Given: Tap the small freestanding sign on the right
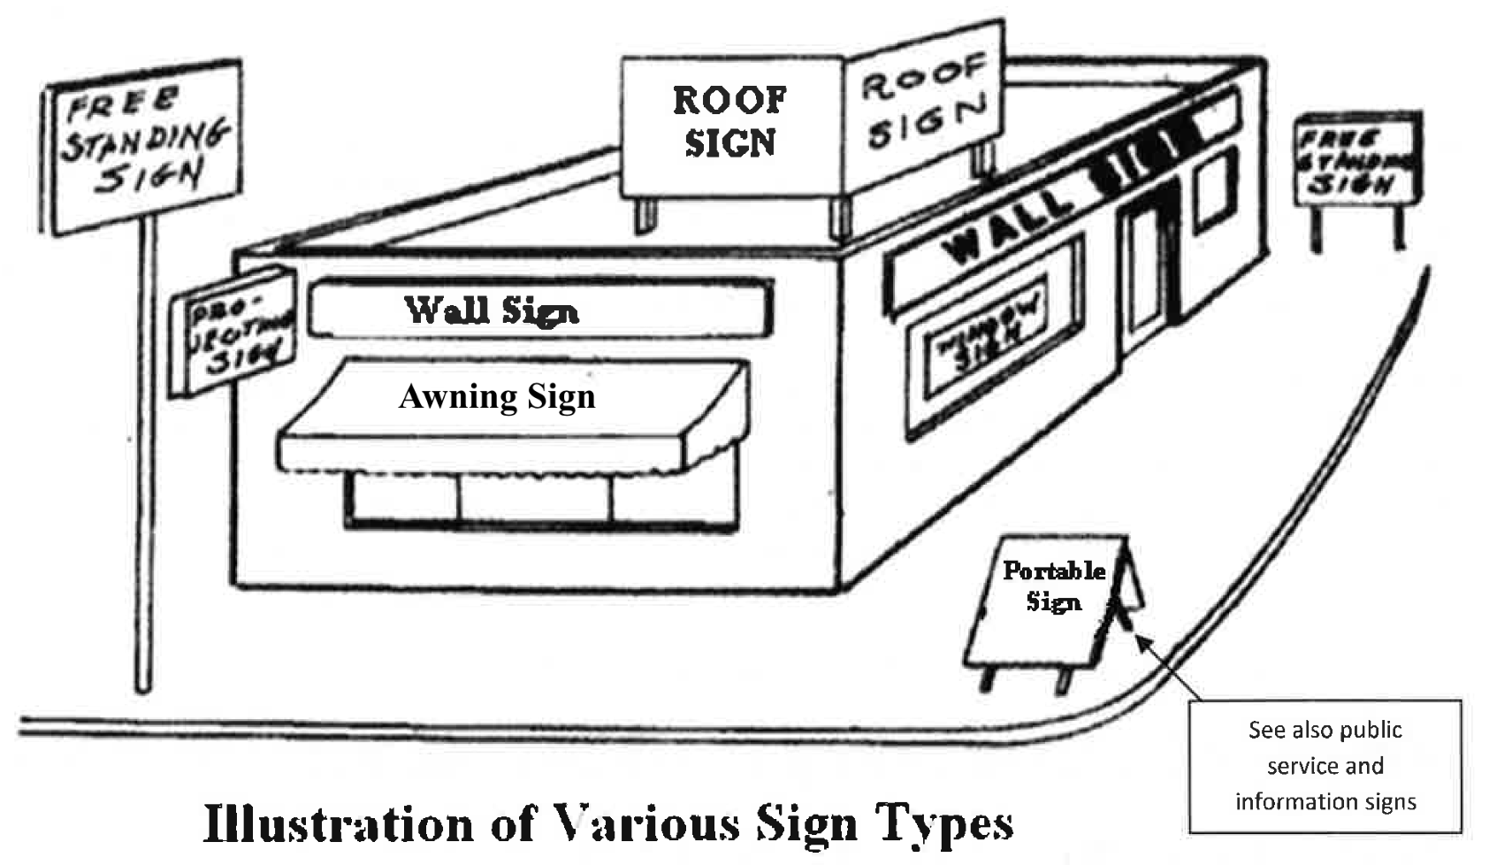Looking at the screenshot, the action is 1357,160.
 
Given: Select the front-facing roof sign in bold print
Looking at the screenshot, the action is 730,124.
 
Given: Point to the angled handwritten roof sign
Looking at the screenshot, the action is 924,102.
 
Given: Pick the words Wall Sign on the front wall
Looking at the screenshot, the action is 492,310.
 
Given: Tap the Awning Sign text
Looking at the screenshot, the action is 497,396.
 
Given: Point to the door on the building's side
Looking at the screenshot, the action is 1145,274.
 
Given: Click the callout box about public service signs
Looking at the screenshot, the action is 1325,766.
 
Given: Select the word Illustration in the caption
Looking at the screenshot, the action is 338,823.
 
